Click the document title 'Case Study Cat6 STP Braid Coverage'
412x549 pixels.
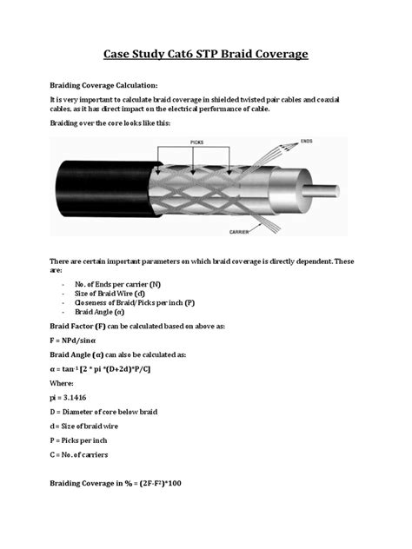[206, 55]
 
